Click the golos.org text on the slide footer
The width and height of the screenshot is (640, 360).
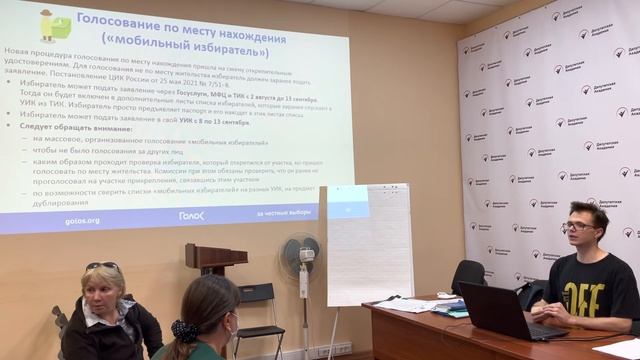click(82, 220)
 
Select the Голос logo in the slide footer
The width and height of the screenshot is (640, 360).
click(191, 215)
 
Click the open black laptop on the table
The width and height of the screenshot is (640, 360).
click(497, 311)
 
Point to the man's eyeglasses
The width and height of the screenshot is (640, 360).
click(578, 226)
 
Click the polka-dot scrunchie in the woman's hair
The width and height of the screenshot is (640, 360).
click(185, 331)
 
